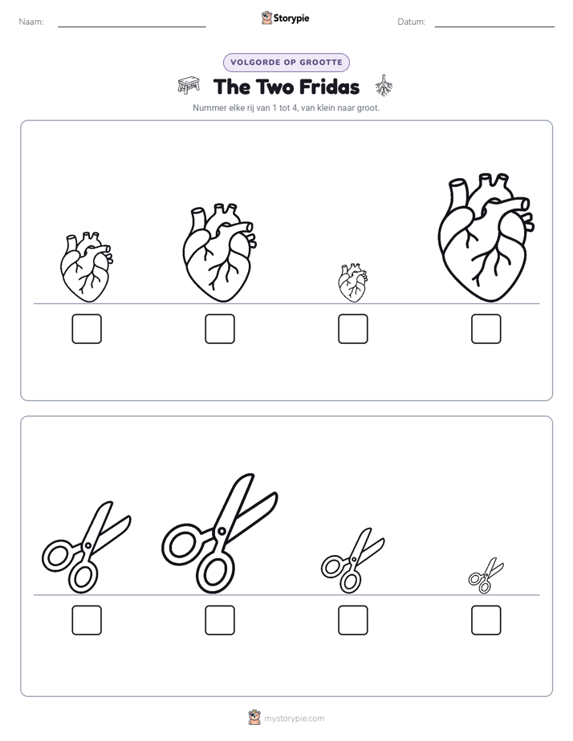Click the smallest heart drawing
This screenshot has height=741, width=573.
[352, 283]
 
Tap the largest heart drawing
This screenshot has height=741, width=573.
[486, 237]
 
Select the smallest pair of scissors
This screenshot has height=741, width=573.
[486, 576]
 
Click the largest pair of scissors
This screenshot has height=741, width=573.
[220, 533]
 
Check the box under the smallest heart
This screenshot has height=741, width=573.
[352, 329]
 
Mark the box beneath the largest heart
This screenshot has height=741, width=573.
[486, 329]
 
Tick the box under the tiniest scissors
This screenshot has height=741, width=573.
[486, 620]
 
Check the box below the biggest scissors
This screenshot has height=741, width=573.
[220, 620]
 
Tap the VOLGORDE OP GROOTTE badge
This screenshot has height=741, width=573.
[286, 63]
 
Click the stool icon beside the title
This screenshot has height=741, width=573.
[189, 86]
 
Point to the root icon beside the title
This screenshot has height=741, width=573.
[384, 86]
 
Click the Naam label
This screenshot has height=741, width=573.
[31, 22]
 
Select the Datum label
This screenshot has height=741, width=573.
[412, 22]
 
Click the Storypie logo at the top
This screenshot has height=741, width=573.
[286, 18]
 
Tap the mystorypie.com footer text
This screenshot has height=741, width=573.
[294, 719]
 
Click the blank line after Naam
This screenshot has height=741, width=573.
[132, 26]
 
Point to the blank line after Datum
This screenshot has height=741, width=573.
[494, 26]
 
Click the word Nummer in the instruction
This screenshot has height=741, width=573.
[208, 107]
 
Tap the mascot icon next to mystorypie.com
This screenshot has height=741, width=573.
[254, 718]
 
